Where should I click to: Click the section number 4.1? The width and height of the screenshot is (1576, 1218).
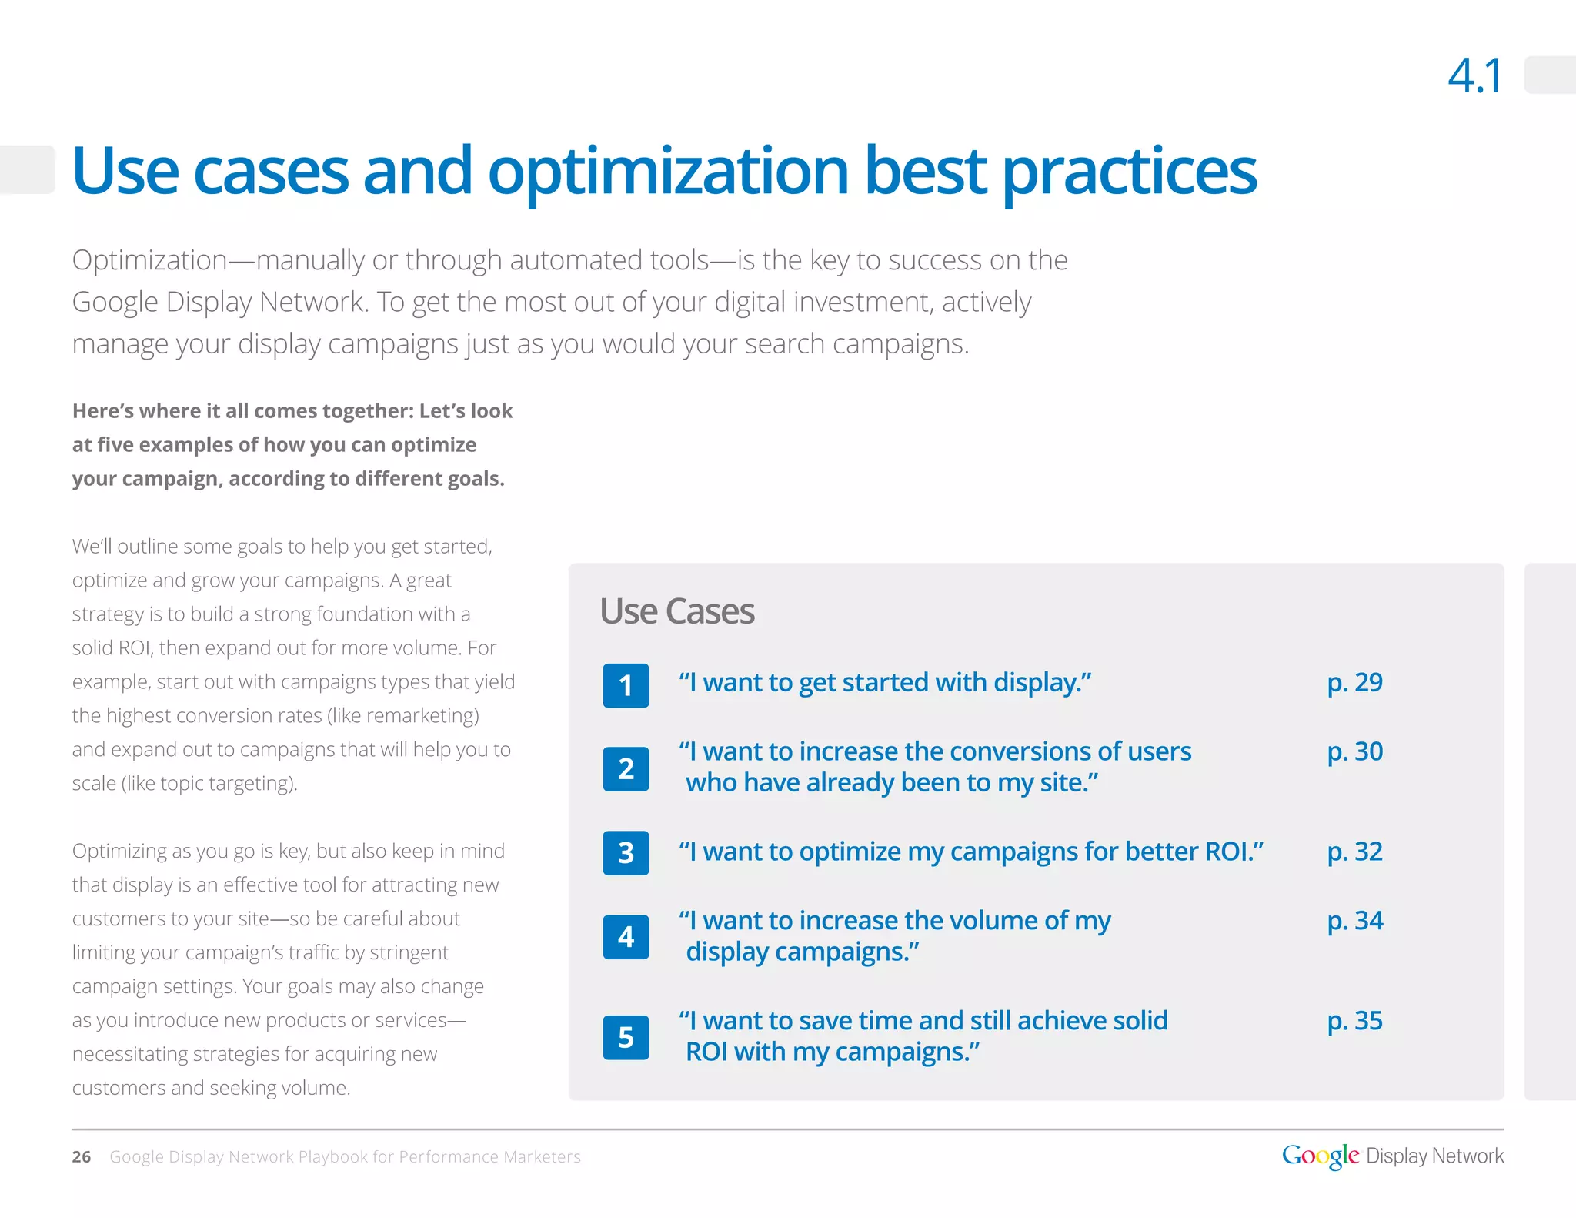[1474, 76]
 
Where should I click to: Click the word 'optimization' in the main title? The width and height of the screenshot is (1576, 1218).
[669, 171]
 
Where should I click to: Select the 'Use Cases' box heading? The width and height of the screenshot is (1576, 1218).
[676, 611]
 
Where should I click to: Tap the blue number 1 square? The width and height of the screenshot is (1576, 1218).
[626, 685]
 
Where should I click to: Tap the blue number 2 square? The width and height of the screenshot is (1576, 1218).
[626, 768]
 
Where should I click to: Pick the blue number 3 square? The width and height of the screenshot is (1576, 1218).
[626, 853]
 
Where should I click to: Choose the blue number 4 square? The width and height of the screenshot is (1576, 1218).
[626, 937]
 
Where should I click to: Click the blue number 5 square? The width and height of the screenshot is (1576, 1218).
[626, 1037]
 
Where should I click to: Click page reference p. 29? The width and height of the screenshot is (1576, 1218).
[1354, 682]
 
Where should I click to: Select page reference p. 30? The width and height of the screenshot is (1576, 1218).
[1354, 751]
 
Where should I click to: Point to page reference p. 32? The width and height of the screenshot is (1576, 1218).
[1354, 852]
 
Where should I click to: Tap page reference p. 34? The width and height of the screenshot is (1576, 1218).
[1354, 921]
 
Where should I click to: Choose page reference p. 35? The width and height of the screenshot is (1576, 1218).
[1354, 1021]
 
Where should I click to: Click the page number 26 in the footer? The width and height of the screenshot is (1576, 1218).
[81, 1156]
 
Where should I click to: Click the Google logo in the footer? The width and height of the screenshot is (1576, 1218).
[1320, 1156]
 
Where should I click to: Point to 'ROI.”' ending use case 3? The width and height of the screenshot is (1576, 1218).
[1234, 852]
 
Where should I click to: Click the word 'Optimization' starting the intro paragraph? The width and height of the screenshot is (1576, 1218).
[149, 260]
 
